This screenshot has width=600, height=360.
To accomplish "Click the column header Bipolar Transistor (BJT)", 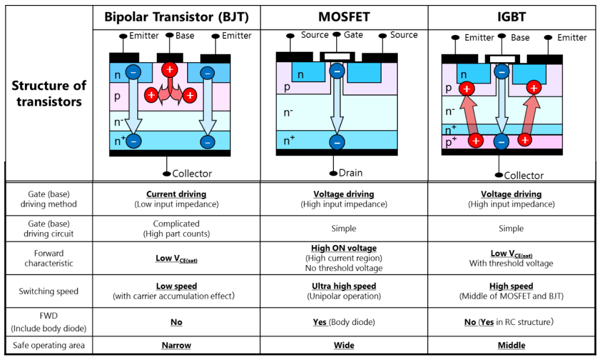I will click(176, 17).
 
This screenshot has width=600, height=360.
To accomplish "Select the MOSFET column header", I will click(344, 17).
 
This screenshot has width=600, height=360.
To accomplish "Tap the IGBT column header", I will click(511, 17).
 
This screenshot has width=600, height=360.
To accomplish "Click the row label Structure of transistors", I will click(49, 93).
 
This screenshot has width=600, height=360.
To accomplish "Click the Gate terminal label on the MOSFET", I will click(353, 35).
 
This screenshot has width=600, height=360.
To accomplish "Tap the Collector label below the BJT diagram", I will click(192, 173).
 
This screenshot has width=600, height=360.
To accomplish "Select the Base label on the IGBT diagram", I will click(520, 37).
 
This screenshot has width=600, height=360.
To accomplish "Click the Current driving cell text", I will click(176, 194).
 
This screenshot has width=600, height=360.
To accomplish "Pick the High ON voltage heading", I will click(344, 248).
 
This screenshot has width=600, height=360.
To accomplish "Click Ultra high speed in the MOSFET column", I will click(344, 286).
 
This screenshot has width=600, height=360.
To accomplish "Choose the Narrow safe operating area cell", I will click(176, 346).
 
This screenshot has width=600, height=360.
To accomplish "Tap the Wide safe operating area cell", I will click(344, 346).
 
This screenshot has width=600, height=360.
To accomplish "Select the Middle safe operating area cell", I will click(511, 346).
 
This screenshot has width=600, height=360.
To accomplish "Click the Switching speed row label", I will click(49, 291).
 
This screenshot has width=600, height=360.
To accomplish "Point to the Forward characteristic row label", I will click(49, 258).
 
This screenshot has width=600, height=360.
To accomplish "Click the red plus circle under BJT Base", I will click(169, 69).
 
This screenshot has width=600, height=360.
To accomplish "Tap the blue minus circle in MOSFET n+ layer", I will click(336, 141).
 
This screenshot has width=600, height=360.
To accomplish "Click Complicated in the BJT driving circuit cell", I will click(176, 223).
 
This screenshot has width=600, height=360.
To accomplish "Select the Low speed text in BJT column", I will click(176, 286).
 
